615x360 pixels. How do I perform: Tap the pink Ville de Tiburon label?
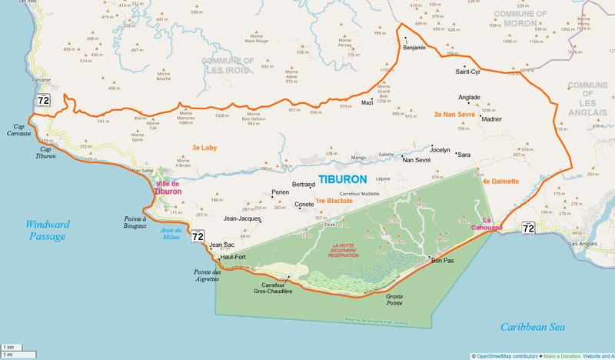(168, 188)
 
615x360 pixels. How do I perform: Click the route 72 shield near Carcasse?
(43, 100)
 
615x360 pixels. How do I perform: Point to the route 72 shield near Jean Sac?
(198, 236)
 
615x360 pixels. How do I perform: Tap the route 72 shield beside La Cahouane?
(527, 228)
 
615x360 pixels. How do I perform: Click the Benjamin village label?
(414, 48)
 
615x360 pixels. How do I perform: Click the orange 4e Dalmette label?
(500, 182)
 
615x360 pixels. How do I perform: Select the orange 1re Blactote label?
(334, 201)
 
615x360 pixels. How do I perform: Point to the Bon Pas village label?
(443, 261)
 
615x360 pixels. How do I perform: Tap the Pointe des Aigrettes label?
(206, 275)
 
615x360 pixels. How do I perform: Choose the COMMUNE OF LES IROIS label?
(228, 65)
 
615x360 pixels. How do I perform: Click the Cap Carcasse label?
(22, 129)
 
